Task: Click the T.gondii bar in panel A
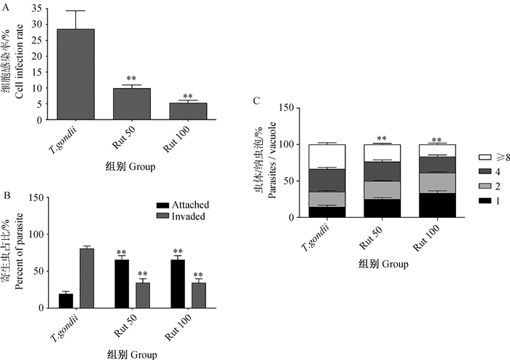click(75, 74)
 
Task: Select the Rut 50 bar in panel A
click(131, 103)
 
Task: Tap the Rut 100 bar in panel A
click(188, 111)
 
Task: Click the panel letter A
click(7, 7)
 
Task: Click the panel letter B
click(7, 195)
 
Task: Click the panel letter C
click(254, 101)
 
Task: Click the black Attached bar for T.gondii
click(66, 301)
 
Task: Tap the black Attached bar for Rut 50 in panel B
click(122, 284)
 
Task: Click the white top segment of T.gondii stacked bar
click(326, 156)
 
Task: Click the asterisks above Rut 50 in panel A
click(131, 79)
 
